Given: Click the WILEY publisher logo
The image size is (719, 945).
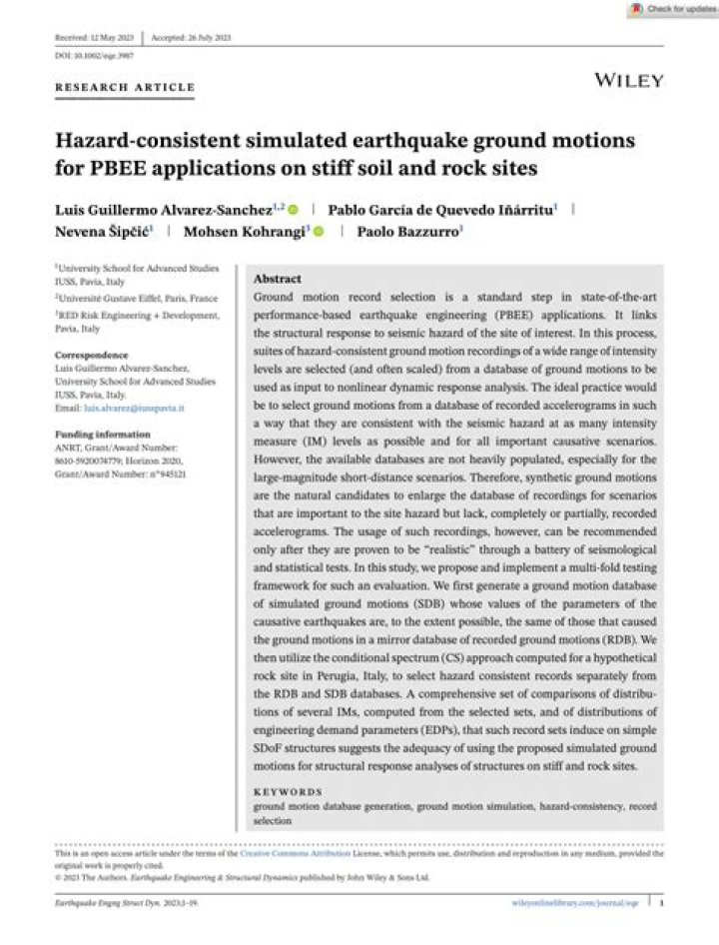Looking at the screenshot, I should [628, 80].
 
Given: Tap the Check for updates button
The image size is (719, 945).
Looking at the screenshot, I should [671, 9].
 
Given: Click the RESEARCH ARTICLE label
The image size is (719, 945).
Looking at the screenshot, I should [125, 88].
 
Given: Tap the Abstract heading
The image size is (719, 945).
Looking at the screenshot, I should [278, 279].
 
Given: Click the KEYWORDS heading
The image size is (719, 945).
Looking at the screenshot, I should [288, 790].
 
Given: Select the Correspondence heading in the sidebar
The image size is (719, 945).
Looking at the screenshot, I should [92, 355].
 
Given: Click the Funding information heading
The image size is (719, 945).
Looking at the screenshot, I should [104, 436].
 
